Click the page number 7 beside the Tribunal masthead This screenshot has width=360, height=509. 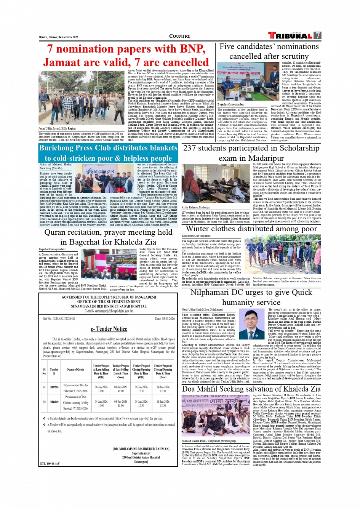pos(317,35)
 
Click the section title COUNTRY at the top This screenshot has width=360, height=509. pos(179,36)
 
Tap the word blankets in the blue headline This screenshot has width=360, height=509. pos(158,148)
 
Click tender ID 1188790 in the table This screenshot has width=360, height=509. pos(54,387)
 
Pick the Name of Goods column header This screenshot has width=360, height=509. pos(76,369)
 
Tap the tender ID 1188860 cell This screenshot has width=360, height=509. pos(54,402)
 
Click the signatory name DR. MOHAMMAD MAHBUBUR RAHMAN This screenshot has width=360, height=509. pos(141,449)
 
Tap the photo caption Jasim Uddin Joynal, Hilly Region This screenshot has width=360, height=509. pos(57,128)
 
